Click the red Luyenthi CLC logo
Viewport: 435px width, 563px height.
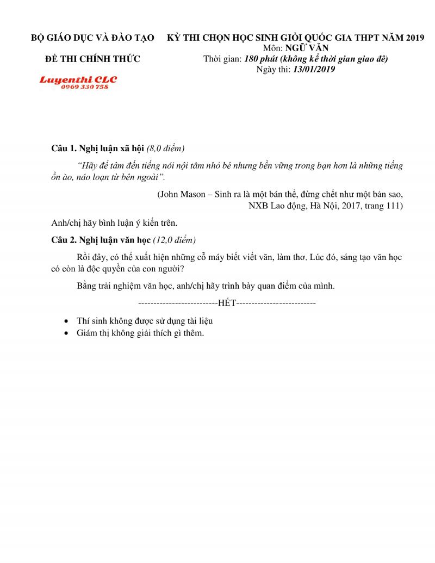point(78,79)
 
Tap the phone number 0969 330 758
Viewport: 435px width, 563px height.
point(84,87)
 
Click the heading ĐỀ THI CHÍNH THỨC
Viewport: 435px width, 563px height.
point(92,59)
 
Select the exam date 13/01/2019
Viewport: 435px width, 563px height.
point(314,69)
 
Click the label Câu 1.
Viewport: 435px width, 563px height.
point(64,149)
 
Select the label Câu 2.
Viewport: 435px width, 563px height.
point(64,240)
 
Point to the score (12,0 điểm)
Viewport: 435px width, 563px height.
point(175,240)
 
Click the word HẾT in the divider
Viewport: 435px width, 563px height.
point(227,302)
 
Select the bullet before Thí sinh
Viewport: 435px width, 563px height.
point(66,321)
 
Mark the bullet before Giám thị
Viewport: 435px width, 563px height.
point(66,333)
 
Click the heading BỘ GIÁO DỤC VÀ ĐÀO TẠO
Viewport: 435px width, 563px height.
point(92,38)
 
